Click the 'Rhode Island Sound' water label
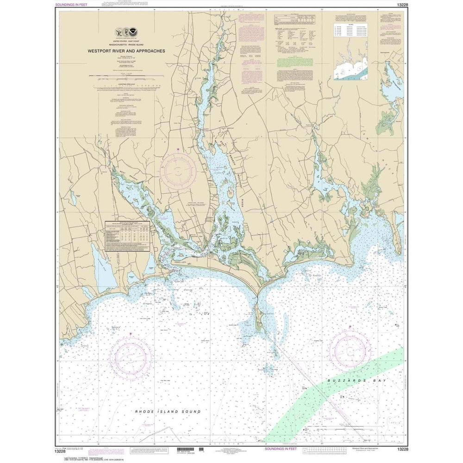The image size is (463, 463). (x=168, y=411)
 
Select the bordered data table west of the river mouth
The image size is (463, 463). (x=127, y=236)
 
